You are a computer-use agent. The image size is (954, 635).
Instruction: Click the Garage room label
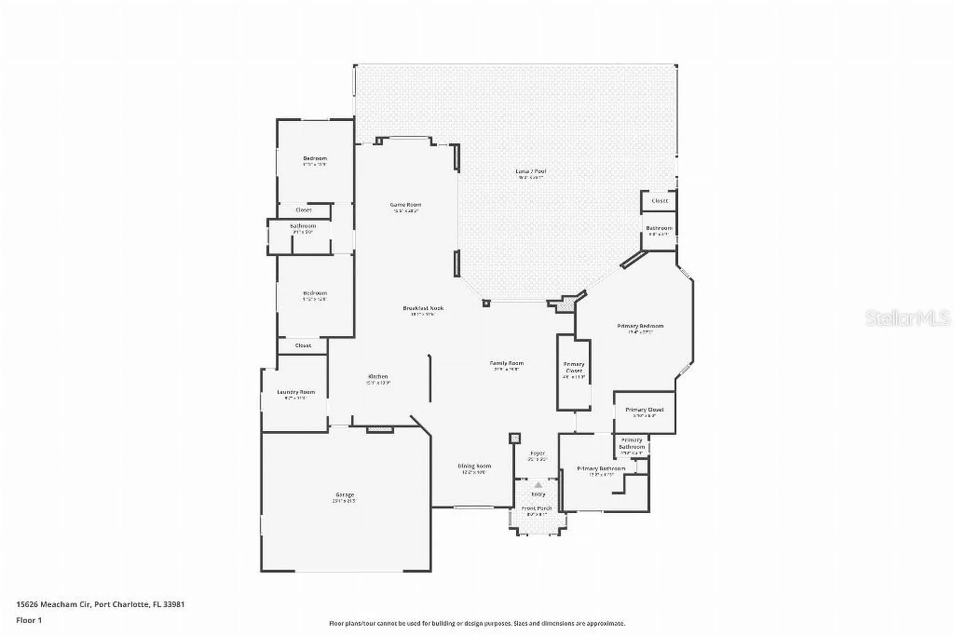(345, 495)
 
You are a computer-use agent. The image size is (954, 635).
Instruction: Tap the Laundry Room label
(296, 392)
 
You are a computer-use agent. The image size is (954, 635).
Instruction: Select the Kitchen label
(378, 377)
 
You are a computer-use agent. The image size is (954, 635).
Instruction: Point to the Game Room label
(405, 205)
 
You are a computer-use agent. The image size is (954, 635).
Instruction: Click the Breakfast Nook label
(423, 308)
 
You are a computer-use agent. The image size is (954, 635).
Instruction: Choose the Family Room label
(506, 363)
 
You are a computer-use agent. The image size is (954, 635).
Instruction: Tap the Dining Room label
(474, 466)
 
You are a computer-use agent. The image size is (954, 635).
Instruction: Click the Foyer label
(538, 453)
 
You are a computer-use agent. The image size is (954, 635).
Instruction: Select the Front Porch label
(537, 508)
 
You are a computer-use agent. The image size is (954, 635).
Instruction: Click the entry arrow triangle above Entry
(538, 485)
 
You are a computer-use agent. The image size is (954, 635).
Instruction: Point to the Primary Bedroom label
(640, 326)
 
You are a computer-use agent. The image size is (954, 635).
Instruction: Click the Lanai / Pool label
(531, 171)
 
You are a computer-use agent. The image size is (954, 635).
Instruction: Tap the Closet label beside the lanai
(659, 201)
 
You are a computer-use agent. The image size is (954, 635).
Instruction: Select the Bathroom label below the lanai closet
(659, 228)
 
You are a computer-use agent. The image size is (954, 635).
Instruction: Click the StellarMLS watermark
(907, 318)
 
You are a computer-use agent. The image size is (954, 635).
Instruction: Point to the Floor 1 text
(29, 620)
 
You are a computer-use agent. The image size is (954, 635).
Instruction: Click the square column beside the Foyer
(515, 438)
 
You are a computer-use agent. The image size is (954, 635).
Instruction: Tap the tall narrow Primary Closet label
(574, 367)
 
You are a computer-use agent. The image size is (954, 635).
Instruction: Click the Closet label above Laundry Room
(303, 345)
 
